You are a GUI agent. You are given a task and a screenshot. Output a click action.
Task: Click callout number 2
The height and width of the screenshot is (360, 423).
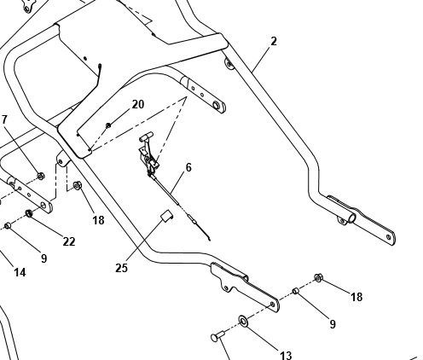274,42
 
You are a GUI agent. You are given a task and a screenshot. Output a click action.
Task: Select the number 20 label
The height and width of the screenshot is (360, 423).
138,104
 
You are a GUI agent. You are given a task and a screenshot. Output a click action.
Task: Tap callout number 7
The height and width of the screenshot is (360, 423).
4,119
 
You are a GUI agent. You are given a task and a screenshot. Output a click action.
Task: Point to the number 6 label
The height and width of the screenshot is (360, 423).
188,167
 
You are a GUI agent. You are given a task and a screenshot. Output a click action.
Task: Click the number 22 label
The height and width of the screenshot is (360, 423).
69,241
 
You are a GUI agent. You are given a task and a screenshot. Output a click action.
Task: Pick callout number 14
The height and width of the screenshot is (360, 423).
20,272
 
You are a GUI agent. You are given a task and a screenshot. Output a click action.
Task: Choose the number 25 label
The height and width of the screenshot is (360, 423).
121,268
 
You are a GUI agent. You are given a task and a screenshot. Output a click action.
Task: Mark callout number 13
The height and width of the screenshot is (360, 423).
286,355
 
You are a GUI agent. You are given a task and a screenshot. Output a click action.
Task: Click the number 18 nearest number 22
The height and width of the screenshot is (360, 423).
98,220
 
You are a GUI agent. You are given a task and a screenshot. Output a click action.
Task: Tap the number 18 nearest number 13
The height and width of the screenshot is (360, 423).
356,297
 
